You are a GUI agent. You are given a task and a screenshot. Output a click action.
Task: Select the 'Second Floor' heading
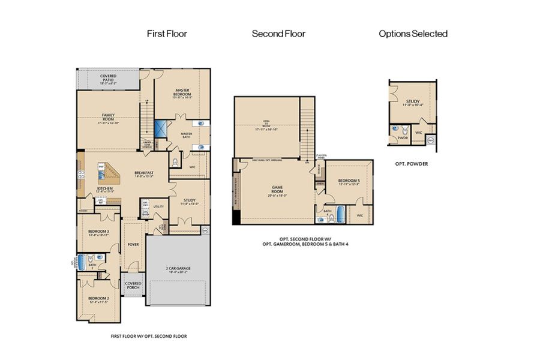pos(278,34)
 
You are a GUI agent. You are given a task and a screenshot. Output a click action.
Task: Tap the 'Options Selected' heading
pos(413,34)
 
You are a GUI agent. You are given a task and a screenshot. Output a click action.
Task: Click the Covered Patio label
pos(109,78)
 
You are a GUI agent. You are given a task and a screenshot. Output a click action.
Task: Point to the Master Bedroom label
pos(183,93)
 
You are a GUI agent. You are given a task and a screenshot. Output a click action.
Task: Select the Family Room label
pos(108,117)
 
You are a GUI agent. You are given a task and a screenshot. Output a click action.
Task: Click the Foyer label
pos(132,245)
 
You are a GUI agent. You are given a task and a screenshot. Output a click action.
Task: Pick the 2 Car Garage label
pos(178,269)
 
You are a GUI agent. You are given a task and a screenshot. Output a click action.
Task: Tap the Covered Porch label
pos(133,286)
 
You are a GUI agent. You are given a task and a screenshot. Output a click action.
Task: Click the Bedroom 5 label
pos(349,182)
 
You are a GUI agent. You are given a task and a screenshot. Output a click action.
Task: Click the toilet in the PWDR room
pos(404,131)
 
